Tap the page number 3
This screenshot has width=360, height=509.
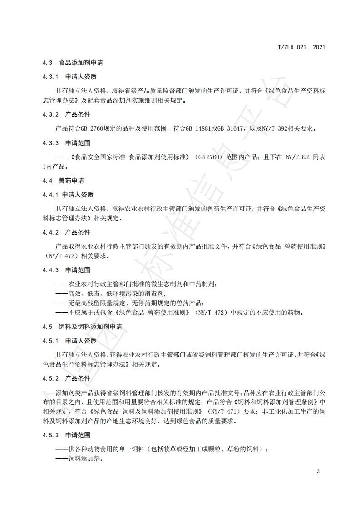[318, 471]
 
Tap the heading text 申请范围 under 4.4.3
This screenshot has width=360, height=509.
[78, 270]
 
